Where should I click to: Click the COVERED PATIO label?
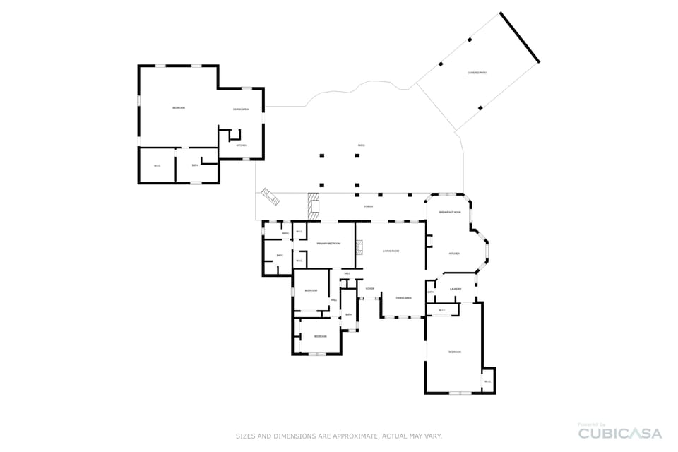tap(477, 73)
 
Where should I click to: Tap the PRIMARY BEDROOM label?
tap(328, 244)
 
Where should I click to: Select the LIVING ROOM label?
tap(391, 251)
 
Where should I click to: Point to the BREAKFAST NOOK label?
tap(450, 213)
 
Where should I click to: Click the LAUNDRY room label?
tap(456, 289)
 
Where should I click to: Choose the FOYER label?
tap(369, 289)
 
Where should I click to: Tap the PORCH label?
tap(368, 206)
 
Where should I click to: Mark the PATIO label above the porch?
tap(361, 145)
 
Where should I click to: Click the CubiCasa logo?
tap(619, 433)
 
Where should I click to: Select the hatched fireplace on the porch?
tap(314, 206)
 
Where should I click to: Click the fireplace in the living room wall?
tap(359, 246)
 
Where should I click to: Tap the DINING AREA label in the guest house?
tap(241, 109)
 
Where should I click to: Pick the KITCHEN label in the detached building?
tap(242, 145)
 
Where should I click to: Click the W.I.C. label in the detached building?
tap(157, 165)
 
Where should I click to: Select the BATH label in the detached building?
tap(195, 165)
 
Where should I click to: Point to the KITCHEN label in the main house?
tap(454, 254)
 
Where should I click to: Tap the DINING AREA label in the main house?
tap(403, 298)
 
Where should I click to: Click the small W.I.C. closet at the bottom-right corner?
tap(487, 381)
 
